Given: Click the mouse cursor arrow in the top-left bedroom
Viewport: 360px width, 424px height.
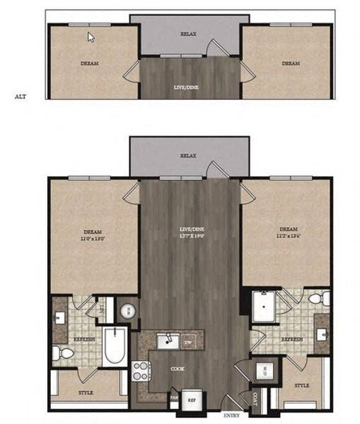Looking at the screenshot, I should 91,37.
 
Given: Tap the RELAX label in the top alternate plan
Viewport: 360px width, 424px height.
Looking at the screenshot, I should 188,34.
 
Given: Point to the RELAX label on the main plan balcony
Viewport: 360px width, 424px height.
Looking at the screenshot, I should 188,157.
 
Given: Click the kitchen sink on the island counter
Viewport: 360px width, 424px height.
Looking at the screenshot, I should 168,342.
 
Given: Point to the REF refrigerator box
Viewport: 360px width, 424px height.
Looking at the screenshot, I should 192,399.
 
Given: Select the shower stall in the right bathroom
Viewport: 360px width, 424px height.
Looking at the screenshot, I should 262,307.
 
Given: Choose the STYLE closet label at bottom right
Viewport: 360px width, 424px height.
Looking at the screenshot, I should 301,385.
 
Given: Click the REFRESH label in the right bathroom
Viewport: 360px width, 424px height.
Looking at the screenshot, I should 292,339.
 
